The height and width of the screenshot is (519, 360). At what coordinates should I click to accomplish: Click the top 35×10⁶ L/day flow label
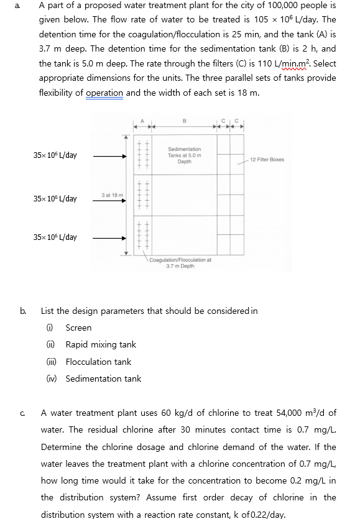pos(55,155)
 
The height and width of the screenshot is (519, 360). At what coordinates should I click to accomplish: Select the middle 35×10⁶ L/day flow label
pos(55,199)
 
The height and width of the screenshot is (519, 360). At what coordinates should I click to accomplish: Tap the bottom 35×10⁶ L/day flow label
pos(55,237)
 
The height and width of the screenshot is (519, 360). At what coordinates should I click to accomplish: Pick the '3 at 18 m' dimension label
pos(113,195)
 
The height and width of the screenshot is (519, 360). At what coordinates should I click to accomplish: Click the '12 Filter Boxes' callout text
pos(267,160)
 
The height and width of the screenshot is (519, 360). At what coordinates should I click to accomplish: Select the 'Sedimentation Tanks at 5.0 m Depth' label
pos(184,155)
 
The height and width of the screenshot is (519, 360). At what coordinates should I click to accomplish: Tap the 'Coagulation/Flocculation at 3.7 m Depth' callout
pos(180,263)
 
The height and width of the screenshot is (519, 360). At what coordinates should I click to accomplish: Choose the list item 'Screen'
pos(78,328)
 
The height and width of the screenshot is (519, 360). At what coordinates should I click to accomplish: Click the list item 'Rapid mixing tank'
pos(101,344)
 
